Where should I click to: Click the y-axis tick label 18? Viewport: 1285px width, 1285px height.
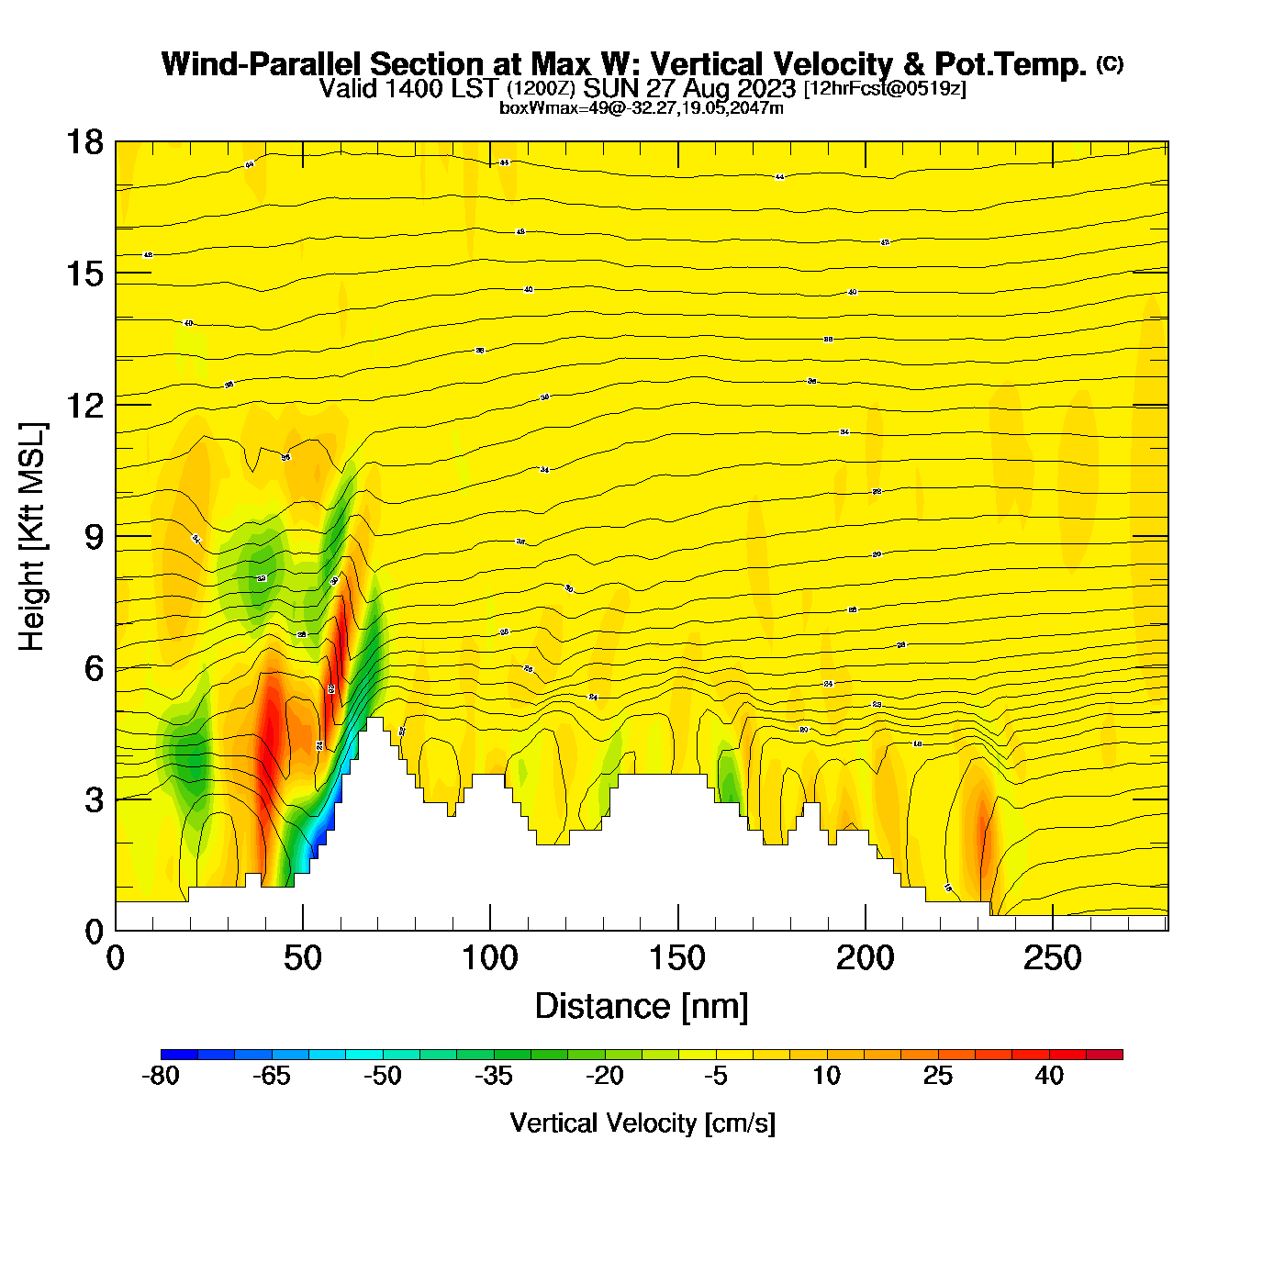pyautogui.click(x=84, y=142)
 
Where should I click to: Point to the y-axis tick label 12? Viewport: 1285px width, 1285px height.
pyautogui.click(x=84, y=405)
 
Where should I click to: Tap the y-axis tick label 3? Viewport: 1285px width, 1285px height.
pyautogui.click(x=94, y=799)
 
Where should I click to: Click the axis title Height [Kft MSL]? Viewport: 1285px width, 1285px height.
pyautogui.click(x=32, y=537)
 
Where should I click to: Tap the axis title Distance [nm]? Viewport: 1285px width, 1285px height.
pyautogui.click(x=642, y=1007)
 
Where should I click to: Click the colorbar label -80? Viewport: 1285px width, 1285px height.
pyautogui.click(x=161, y=1076)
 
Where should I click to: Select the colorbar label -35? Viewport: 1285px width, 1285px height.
pyautogui.click(x=494, y=1076)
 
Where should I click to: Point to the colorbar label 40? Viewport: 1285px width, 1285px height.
pyautogui.click(x=1049, y=1076)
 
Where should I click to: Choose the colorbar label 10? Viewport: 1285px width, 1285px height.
pyautogui.click(x=826, y=1076)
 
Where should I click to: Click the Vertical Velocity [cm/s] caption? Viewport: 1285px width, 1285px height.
pyautogui.click(x=642, y=1123)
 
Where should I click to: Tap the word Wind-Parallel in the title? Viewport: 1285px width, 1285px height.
pyautogui.click(x=263, y=64)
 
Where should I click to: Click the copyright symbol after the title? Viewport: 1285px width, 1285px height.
pyautogui.click(x=1110, y=63)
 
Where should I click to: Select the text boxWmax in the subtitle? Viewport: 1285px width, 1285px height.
pyautogui.click(x=531, y=108)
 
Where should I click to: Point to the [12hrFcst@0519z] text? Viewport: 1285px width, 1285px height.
pyautogui.click(x=885, y=88)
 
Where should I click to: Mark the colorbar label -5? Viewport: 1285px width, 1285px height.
pyautogui.click(x=716, y=1076)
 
